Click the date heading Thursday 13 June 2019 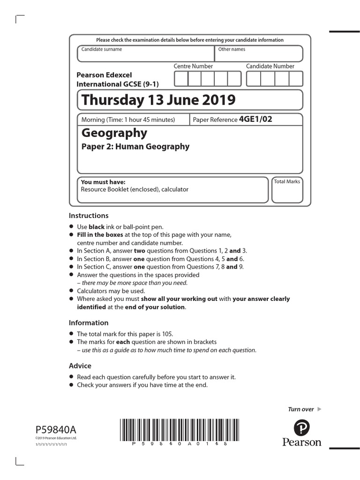tap(158, 100)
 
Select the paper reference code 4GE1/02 tap(255, 119)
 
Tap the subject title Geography tap(114, 133)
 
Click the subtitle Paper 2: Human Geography tap(135, 146)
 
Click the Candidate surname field tap(145, 54)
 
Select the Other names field tap(258, 54)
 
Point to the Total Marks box tap(287, 192)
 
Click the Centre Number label tap(193, 66)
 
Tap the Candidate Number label tap(270, 66)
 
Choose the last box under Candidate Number tap(296, 79)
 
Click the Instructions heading tap(89, 216)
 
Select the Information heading tap(89, 322)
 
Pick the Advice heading tap(80, 366)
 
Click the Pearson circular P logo tap(302, 427)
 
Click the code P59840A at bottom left tap(55, 429)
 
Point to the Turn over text tap(301, 409)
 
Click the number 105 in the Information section tap(167, 334)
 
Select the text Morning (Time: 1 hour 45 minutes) tap(128, 120)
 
